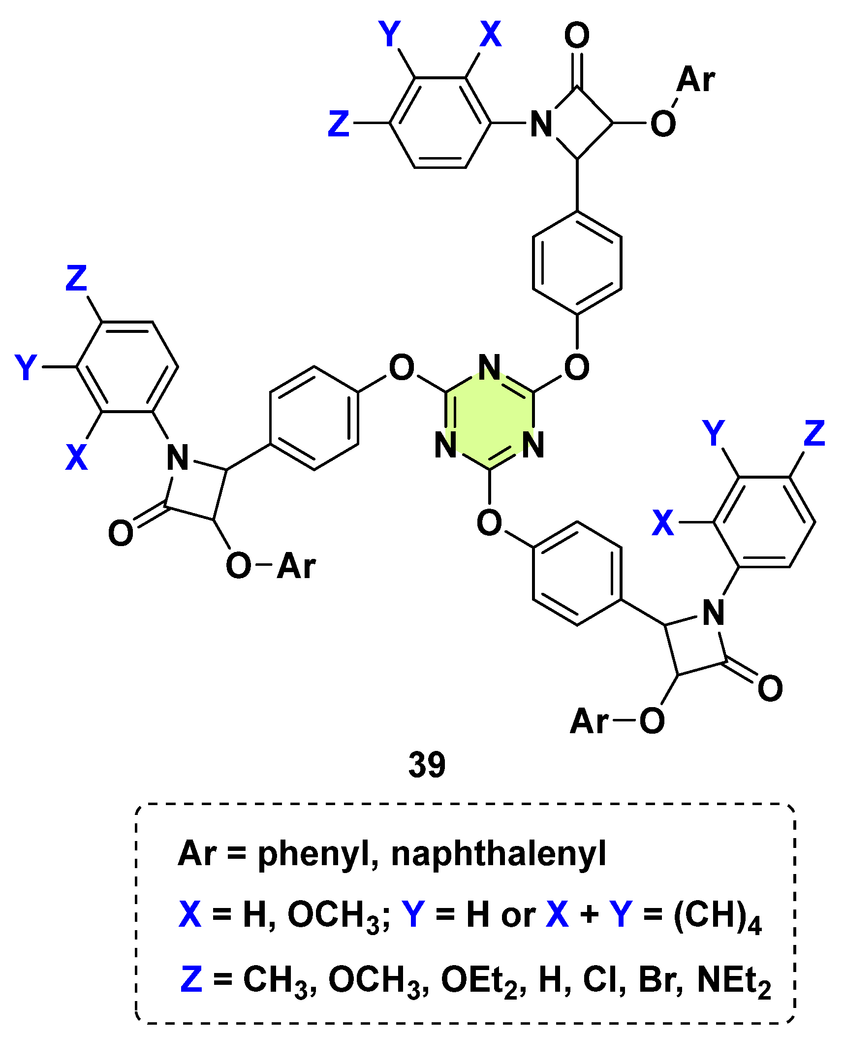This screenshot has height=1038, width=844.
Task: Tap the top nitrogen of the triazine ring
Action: coord(489,367)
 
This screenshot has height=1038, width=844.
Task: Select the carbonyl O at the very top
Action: coord(577,35)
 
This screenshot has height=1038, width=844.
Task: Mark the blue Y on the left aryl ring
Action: coord(26,367)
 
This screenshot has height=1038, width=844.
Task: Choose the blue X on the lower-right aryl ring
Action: coord(662,522)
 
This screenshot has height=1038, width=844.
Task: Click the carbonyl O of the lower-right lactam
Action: coord(770,688)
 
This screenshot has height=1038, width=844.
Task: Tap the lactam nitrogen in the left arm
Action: coord(177,457)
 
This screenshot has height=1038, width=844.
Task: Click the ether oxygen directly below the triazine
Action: coord(489,522)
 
